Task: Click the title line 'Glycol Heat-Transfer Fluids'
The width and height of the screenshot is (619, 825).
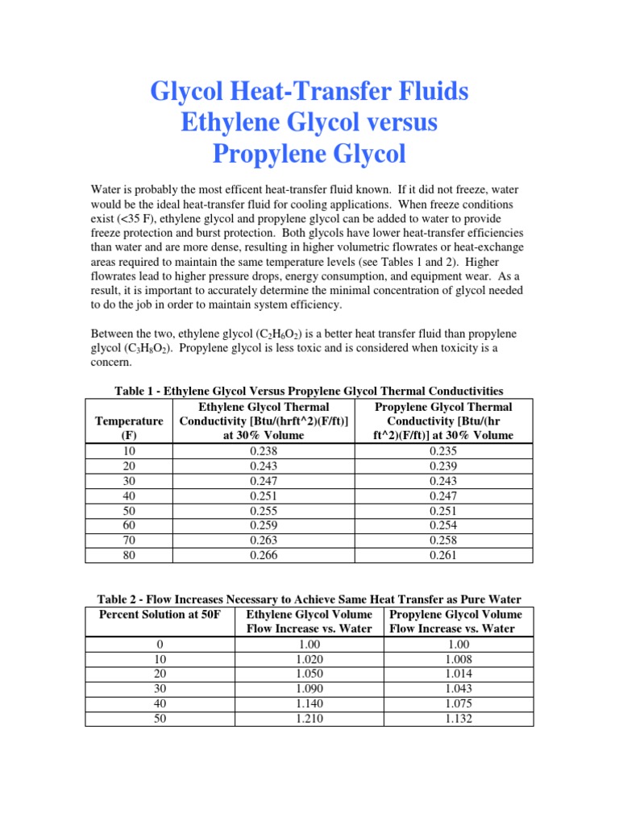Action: pos(309,92)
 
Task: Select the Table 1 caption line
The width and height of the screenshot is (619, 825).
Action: pos(309,391)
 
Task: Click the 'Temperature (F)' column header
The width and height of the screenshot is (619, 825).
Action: pos(129,428)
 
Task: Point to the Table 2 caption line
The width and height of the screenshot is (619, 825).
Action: pos(309,599)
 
